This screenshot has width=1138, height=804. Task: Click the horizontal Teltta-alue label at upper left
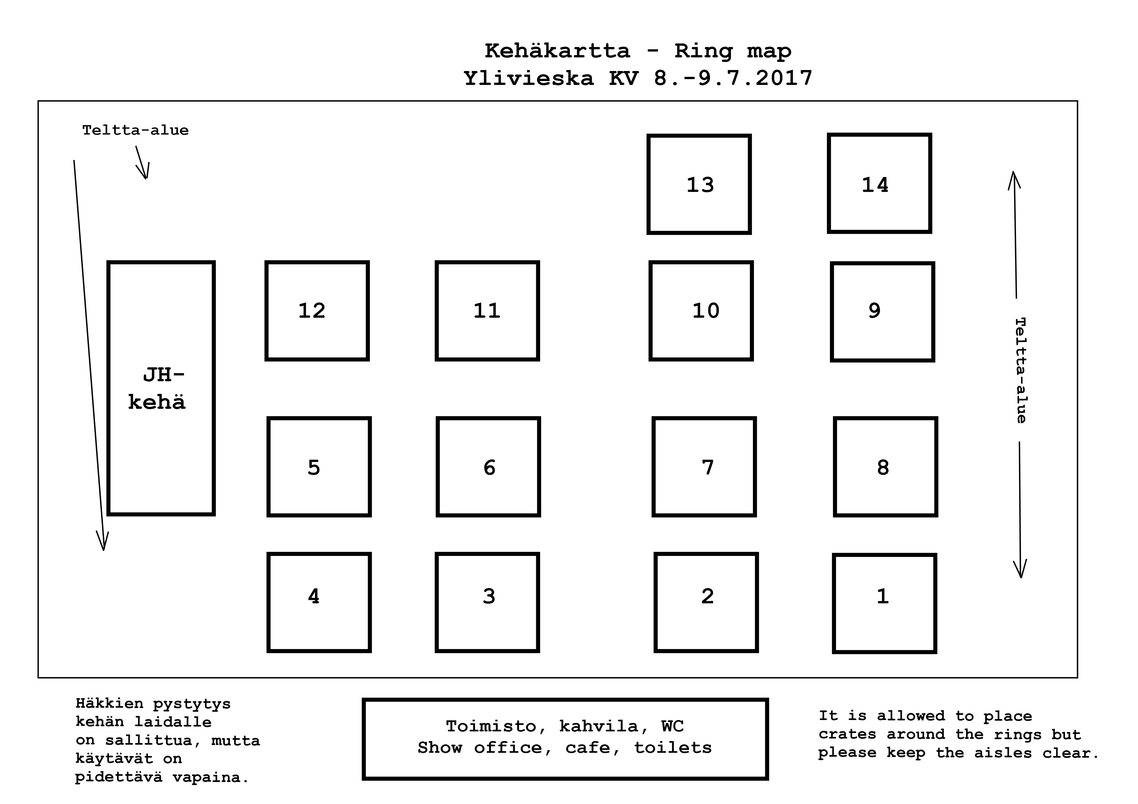pyautogui.click(x=135, y=130)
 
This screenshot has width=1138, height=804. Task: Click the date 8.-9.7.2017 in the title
pyautogui.click(x=733, y=78)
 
